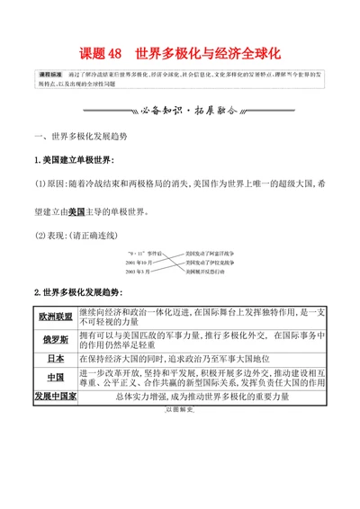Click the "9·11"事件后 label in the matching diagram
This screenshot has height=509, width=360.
(x=139, y=254)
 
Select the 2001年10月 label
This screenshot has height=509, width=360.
(x=139, y=262)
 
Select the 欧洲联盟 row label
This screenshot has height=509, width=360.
(x=55, y=317)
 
